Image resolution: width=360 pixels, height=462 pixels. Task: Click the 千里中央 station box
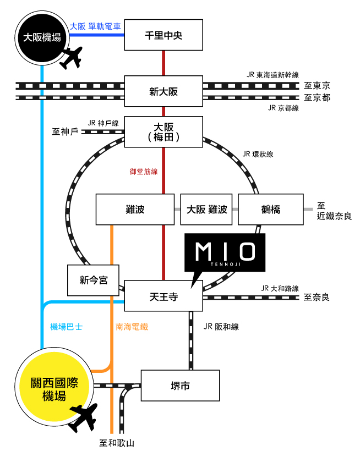pyautogui.click(x=163, y=36)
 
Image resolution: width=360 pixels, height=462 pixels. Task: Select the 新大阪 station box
pyautogui.click(x=163, y=91)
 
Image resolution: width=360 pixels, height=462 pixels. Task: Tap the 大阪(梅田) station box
pyautogui.click(x=163, y=131)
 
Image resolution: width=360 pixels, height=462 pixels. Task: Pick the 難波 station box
pyautogui.click(x=135, y=210)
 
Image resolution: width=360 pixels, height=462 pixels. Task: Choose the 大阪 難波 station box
pyautogui.click(x=206, y=210)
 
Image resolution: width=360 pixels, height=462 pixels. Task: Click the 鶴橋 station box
pyautogui.click(x=270, y=210)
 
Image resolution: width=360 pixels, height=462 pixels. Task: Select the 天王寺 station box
pyautogui.click(x=163, y=296)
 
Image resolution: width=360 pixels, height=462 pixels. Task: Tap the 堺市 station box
pyautogui.click(x=180, y=386)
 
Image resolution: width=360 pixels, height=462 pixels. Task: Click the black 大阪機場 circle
pyautogui.click(x=41, y=37)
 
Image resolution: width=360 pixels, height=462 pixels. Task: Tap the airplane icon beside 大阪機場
pyautogui.click(x=70, y=58)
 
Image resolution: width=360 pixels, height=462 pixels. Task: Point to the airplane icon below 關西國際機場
pyautogui.click(x=84, y=418)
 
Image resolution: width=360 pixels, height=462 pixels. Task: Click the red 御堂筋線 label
pyautogui.click(x=144, y=172)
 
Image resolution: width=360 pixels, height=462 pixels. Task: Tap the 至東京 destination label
pyautogui.click(x=317, y=86)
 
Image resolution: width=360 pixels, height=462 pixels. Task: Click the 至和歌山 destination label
pyautogui.click(x=117, y=443)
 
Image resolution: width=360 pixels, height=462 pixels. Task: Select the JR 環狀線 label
pyautogui.click(x=258, y=155)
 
